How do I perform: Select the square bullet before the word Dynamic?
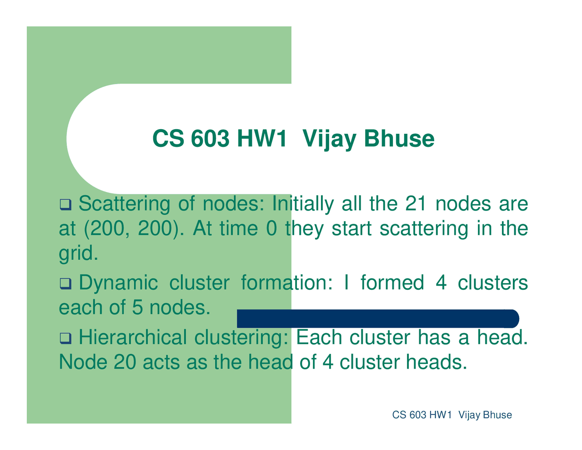tap(65, 283)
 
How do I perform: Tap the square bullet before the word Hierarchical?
tap(65, 338)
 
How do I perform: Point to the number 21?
tap(416, 203)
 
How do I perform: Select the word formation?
tap(286, 282)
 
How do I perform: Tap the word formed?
tap(392, 282)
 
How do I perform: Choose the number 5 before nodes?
tap(137, 307)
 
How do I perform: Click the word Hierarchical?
tap(133, 337)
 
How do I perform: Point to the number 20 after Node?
tap(125, 362)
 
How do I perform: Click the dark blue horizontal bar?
tap(378, 319)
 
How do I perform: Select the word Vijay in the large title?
tap(329, 140)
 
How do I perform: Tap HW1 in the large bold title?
tap(261, 139)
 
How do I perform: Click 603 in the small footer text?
tap(417, 415)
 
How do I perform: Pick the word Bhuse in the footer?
tap(497, 415)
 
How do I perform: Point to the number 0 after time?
tap(271, 228)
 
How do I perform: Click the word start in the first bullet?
tap(352, 228)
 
